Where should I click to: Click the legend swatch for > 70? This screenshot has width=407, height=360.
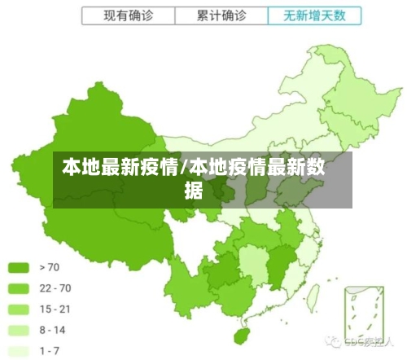point(20,266)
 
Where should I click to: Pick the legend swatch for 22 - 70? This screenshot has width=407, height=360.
point(20,288)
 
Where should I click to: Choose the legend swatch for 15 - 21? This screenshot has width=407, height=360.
point(20,309)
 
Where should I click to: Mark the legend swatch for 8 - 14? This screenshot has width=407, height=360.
point(20,330)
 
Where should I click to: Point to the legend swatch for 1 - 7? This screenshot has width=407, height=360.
point(20,351)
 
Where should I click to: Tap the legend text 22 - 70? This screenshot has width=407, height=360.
point(55,288)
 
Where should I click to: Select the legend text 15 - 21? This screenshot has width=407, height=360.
point(55,309)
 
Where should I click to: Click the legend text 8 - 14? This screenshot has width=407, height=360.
point(53,330)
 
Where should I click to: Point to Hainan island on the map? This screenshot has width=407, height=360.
point(241,336)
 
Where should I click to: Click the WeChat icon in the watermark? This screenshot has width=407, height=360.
point(333,340)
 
